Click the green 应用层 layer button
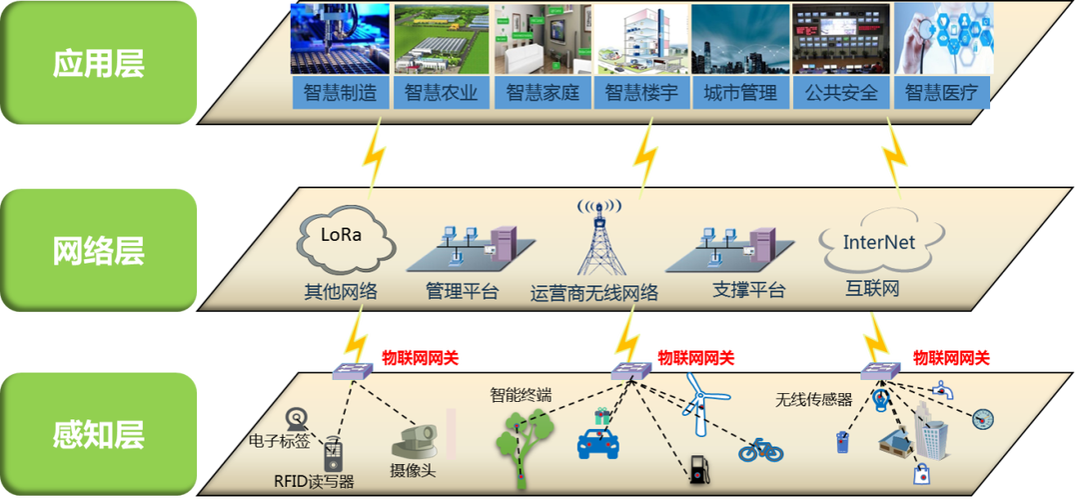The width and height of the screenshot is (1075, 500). [98, 63]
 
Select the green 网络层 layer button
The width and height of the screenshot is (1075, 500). [98, 250]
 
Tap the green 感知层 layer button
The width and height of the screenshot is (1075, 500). [98, 434]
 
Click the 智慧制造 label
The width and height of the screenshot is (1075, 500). [341, 93]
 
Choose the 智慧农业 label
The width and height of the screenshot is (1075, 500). [441, 93]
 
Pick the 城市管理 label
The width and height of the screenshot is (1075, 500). [740, 93]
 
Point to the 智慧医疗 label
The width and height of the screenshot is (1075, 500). [940, 93]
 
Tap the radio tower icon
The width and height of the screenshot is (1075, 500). [599, 240]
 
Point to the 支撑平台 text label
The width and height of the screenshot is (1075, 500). [749, 291]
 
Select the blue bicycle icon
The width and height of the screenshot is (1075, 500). [760, 450]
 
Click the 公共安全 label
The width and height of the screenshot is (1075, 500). [840, 93]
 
